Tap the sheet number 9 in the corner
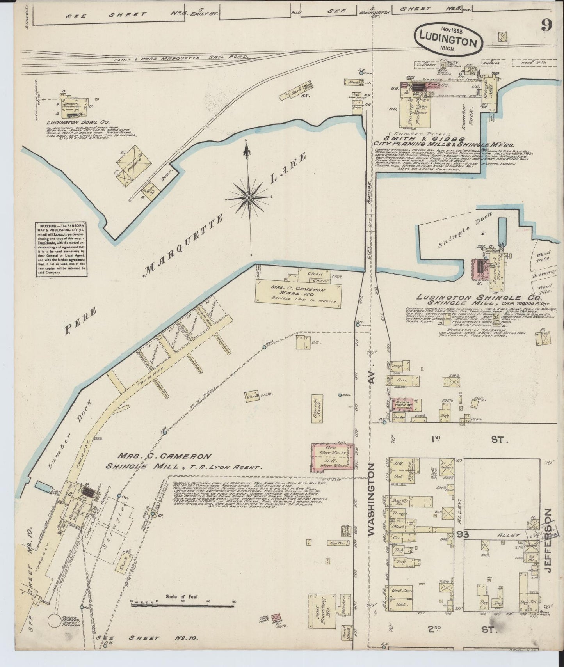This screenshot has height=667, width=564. coord(546,26)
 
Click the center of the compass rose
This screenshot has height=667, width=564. coord(248,198)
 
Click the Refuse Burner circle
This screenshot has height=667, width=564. coord(55,633)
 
